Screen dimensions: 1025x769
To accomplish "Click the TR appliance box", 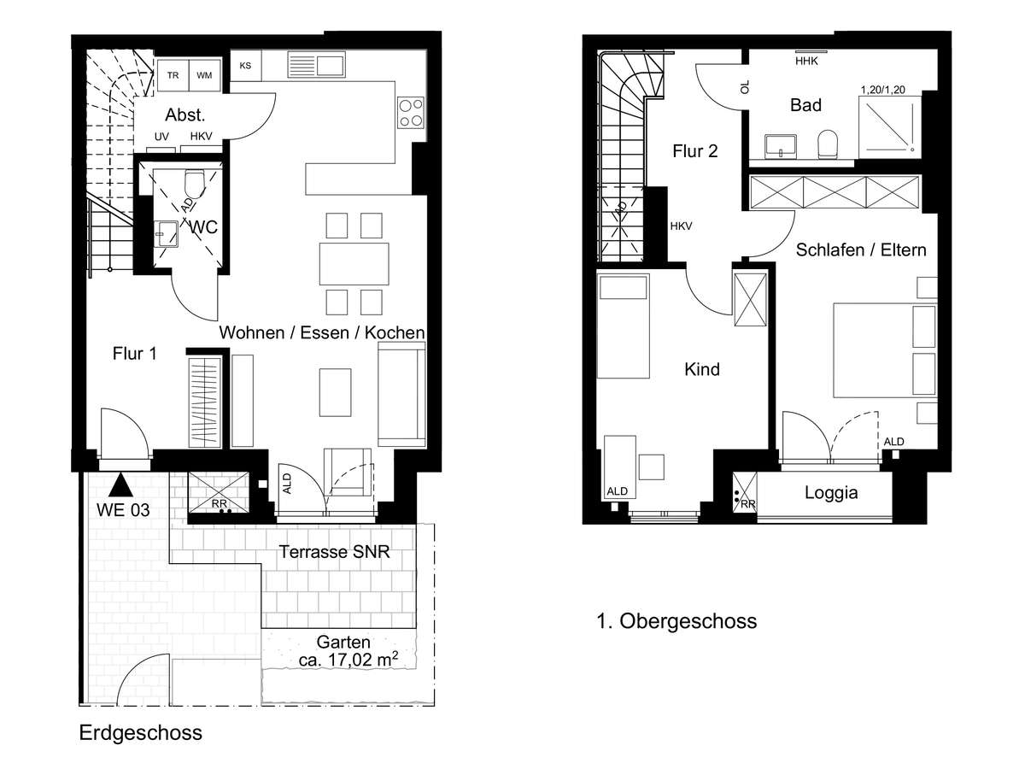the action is coord(173,75).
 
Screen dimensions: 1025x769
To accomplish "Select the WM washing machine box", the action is coord(204,75).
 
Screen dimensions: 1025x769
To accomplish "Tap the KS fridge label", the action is coord(245,66).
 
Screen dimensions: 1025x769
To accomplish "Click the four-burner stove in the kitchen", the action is coord(411,113).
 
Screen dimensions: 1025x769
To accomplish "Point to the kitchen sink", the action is coord(317,65).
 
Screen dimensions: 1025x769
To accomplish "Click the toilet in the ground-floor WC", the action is coord(195,184).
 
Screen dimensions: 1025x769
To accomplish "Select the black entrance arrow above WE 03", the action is coord(120,484).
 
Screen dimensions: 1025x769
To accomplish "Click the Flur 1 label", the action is coord(134,354).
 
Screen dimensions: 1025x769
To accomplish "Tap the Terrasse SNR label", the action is coord(334,552).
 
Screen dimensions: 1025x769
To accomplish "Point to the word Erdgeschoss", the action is coord(141,733).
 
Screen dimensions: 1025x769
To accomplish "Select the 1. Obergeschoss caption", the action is coord(676,621).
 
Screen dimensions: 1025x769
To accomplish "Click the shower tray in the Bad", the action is coord(889,127).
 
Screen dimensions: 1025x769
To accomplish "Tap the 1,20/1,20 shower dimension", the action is coord(883,90).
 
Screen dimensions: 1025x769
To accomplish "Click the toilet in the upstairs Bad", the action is coord(828,144).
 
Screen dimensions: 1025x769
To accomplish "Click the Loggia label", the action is coord(831,493).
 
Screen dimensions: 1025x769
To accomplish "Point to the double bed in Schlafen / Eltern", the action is coord(886,350).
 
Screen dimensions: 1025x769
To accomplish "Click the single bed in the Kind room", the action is coord(624,326).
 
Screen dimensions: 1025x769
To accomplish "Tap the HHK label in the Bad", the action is coord(806,61).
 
